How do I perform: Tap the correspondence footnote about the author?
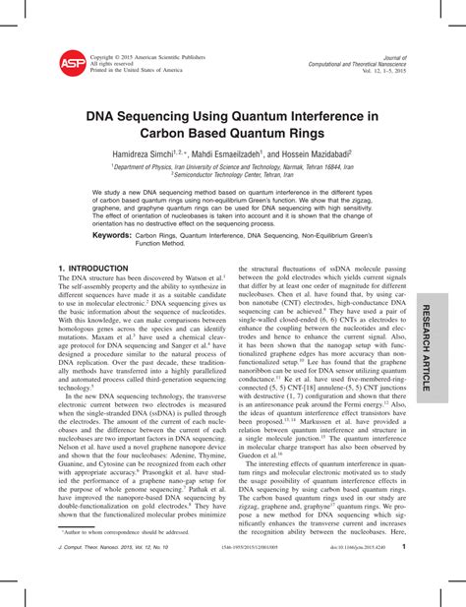(123, 557)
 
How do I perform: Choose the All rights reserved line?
(113, 64)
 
